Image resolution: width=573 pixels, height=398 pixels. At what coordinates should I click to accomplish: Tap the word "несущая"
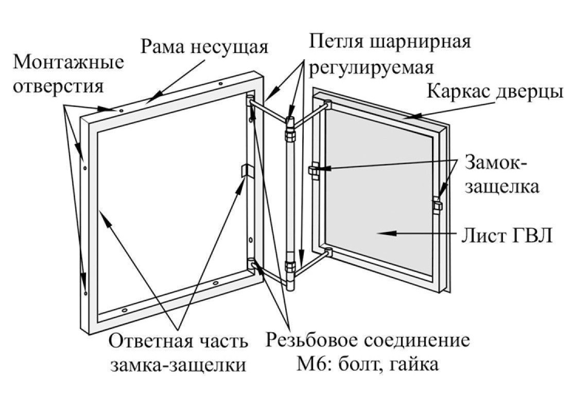pyautogui.click(x=230, y=47)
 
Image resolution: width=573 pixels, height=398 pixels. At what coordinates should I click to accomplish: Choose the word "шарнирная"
pyautogui.click(x=419, y=42)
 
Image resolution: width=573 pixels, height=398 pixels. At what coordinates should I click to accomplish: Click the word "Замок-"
pyautogui.click(x=497, y=163)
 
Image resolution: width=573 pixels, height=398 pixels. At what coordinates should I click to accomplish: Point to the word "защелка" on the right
pyautogui.click(x=502, y=186)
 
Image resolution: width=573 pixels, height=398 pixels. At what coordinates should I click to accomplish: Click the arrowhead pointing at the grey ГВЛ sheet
pyautogui.click(x=383, y=233)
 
